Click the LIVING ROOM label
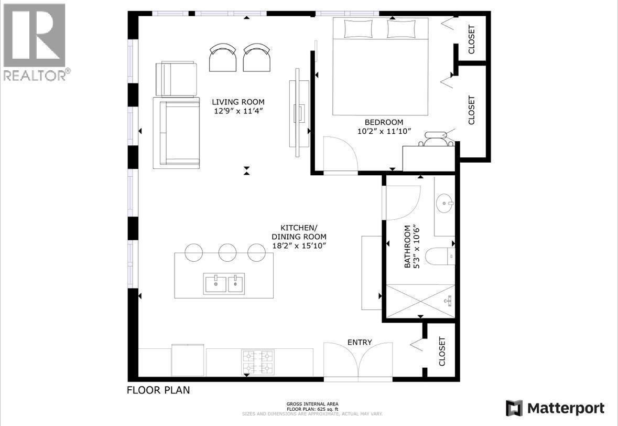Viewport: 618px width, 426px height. pos(238,102)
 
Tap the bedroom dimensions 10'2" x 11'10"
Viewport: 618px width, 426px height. pos(384,131)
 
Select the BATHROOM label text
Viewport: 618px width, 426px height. pos(407,247)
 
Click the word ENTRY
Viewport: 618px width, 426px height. pos(360,343)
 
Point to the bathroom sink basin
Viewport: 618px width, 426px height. pos(446,204)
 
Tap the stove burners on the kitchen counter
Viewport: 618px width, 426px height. pos(258,363)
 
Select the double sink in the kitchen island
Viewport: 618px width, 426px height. pos(224,283)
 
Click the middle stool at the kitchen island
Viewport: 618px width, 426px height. pos(227,252)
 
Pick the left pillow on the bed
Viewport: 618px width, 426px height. pos(358,28)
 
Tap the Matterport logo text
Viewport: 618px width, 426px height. pos(566,408)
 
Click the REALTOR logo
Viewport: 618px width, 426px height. pos(34,42)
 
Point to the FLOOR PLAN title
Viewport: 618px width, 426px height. pos(158,390)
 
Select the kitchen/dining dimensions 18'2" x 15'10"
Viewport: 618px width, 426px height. pos(299,246)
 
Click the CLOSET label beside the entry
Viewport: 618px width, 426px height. pos(442,351)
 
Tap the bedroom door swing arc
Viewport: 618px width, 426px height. pos(347,149)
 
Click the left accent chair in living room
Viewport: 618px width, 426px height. pos(223,58)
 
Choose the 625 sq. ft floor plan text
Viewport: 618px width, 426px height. pos(312,409)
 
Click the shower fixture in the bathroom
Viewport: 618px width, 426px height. pos(449,301)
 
